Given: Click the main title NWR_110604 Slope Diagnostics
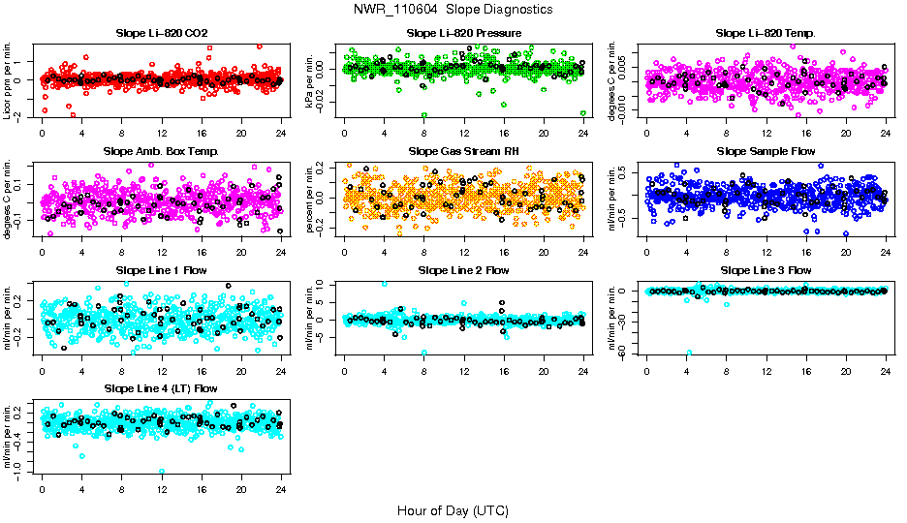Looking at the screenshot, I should (453, 9).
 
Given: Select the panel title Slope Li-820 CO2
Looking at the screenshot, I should (161, 33).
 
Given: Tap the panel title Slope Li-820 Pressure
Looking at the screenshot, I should (464, 33).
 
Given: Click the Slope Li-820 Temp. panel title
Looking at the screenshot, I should (766, 33).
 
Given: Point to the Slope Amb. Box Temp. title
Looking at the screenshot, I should (161, 151).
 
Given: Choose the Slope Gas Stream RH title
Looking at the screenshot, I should (464, 151).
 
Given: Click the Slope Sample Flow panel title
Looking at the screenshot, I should (766, 151).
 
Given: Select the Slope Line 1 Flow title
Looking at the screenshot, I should (161, 270).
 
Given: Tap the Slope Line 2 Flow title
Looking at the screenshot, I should (464, 270).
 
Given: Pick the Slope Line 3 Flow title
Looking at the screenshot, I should (766, 270).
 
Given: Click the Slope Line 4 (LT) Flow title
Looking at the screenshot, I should (161, 388).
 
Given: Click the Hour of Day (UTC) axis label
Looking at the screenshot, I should (453, 510).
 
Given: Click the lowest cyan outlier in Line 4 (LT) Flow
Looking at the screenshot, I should (162, 472).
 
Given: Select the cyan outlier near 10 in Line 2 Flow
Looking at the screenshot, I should (385, 284).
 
